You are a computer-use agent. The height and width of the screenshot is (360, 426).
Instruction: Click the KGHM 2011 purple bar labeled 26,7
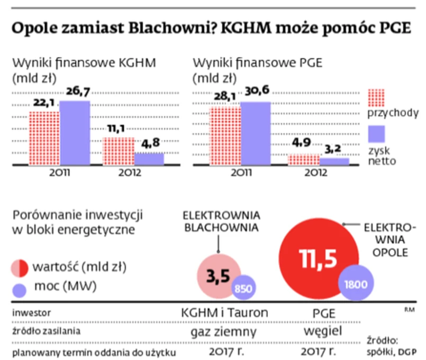pos(75,132)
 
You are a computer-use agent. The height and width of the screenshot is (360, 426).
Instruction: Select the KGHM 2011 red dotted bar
pos(44,138)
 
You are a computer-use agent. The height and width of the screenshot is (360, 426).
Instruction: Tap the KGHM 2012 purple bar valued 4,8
pos(149,158)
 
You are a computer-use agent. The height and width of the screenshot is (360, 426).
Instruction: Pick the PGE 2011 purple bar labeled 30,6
pos(256,132)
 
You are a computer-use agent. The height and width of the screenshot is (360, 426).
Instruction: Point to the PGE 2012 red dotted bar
pos(304,159)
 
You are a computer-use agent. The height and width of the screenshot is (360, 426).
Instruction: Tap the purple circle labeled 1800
pos(356,283)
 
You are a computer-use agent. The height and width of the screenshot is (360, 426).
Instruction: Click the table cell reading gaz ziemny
pos(224,332)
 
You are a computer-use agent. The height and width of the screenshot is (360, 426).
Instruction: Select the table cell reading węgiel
pos(320,332)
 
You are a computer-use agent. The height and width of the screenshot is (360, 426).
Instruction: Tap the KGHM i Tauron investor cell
pos(224,313)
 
